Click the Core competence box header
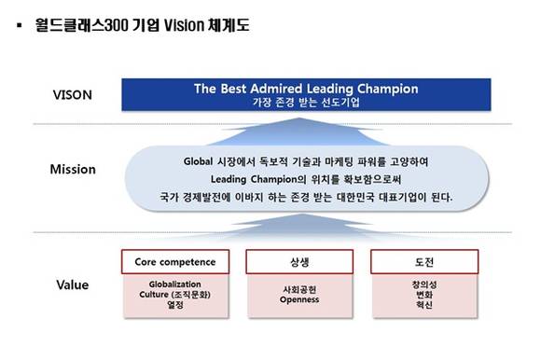[175, 261]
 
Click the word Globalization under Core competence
[174, 283]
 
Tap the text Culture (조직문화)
[174, 293]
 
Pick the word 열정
[174, 304]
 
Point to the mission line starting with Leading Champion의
[305, 177]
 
